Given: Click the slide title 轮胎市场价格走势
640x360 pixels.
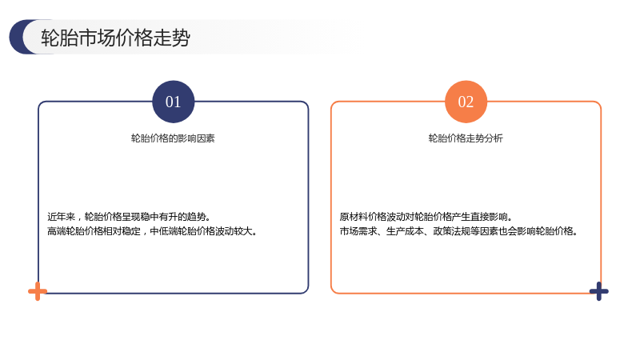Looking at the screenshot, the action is (x=115, y=38).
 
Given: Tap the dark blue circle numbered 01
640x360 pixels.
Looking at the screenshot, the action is (x=173, y=102).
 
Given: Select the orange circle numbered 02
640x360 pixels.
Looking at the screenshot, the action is (x=466, y=102).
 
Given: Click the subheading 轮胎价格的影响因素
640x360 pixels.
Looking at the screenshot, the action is (x=173, y=138).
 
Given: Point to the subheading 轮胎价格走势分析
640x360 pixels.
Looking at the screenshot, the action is (x=466, y=138).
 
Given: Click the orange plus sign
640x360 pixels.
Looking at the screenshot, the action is (x=38, y=291).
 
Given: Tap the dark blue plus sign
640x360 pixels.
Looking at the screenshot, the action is (x=598, y=291).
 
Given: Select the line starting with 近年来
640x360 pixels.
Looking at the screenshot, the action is (x=129, y=217).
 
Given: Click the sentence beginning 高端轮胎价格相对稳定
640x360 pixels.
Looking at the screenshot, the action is (x=152, y=231).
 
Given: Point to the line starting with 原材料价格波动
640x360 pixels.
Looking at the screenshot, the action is (x=426, y=217).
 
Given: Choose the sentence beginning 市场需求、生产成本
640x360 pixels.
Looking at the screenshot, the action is (x=458, y=231).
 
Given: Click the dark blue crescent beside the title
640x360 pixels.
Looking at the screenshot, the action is (x=18, y=37).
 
